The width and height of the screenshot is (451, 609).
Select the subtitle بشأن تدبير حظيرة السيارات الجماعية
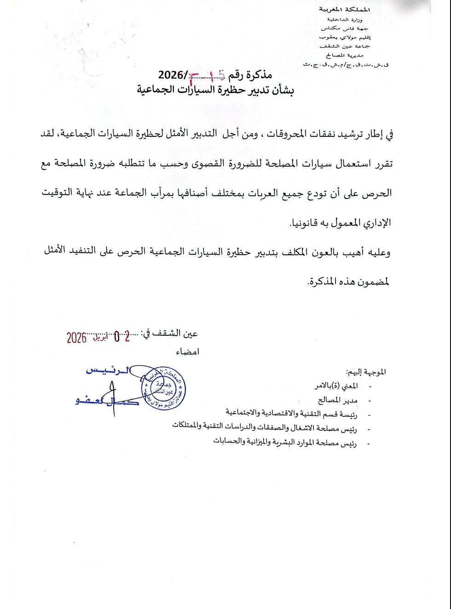click(x=215, y=89)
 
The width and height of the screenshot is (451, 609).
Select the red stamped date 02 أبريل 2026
click(x=98, y=337)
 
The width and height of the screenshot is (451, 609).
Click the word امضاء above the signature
click(x=187, y=352)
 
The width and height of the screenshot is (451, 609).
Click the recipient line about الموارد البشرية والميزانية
click(x=285, y=441)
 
